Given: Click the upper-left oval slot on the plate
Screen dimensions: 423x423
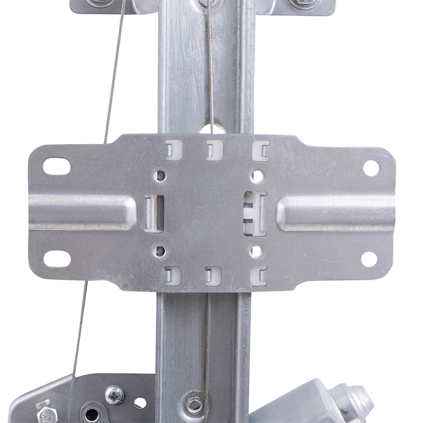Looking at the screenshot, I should point(56,166).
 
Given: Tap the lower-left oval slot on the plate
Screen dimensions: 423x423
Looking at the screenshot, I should point(57,258).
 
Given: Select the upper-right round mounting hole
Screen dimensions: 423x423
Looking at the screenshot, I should point(371,168).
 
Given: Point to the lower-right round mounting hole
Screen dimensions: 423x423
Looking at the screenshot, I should point(369,259).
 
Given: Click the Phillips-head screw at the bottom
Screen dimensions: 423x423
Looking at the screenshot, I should point(115,395).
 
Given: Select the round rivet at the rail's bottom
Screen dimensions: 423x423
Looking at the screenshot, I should point(194,404).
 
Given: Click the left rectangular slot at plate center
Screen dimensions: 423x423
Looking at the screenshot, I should point(154,213).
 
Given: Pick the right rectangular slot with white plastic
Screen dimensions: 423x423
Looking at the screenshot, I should point(255,213).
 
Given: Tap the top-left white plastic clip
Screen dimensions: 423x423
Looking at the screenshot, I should point(173,150).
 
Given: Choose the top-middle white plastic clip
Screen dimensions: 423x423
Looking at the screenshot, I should point(214,150).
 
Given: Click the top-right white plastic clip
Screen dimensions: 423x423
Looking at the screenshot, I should point(260,151).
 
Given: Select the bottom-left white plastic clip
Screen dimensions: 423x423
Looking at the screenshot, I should point(173,276).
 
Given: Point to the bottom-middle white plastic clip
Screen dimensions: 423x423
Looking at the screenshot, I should point(213,276).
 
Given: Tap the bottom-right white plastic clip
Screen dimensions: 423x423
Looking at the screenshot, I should point(258,276).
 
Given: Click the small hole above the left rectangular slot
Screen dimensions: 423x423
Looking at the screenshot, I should point(159,175).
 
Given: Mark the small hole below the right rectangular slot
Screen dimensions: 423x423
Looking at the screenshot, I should point(255,251).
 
